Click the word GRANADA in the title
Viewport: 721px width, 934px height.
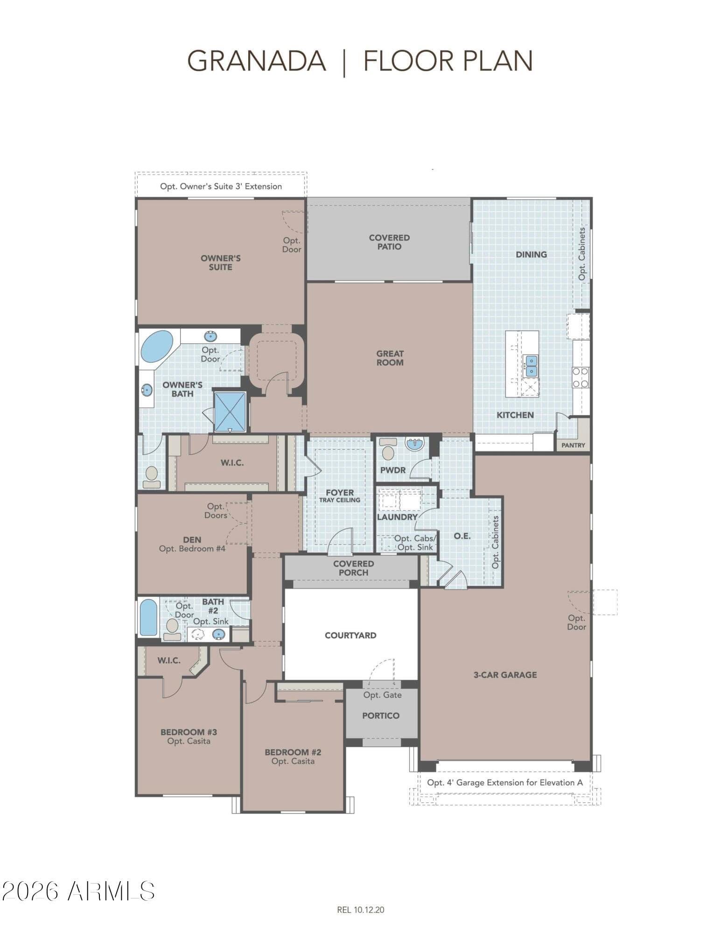[256, 61]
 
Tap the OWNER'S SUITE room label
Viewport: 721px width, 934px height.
[220, 262]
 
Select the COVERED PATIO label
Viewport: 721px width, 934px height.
[389, 242]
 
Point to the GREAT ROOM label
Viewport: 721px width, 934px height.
[390, 358]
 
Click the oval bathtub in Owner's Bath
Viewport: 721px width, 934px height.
[157, 347]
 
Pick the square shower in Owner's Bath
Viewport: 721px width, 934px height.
[230, 412]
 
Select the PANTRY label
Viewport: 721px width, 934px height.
[573, 445]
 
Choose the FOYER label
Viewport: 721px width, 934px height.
[340, 492]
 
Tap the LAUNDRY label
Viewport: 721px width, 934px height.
[397, 517]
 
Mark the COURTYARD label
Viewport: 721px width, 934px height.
[350, 635]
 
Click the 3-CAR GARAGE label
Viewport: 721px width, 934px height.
[505, 674]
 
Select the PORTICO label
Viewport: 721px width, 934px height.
[381, 715]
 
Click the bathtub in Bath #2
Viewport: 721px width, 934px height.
[149, 617]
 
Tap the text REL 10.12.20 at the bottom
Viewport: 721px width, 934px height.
[361, 909]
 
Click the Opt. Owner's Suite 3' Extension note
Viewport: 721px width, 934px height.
[221, 186]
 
